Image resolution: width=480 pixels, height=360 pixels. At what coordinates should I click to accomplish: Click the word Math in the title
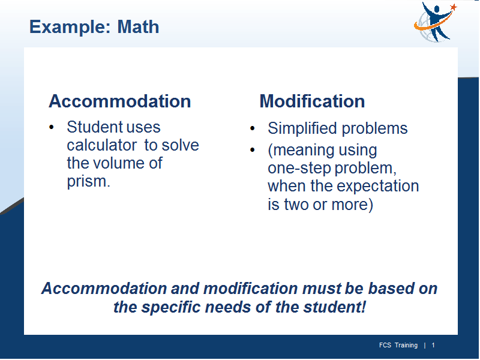click(138, 27)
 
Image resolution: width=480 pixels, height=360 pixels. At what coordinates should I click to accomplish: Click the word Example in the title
click(70, 28)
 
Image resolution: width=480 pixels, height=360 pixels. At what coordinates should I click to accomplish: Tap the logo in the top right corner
click(435, 22)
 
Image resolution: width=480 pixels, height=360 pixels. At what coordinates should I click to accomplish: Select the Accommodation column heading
click(119, 101)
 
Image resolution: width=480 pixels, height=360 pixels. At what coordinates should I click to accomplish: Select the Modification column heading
click(312, 101)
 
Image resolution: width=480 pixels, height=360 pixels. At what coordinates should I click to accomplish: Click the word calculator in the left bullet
click(102, 145)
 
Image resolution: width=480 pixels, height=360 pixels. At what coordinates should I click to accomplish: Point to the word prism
click(88, 182)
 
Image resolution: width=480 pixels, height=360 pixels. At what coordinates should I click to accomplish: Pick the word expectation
click(380, 186)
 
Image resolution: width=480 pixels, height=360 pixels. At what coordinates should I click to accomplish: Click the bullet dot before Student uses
click(52, 127)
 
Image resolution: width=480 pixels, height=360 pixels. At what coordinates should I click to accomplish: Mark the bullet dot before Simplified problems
click(252, 128)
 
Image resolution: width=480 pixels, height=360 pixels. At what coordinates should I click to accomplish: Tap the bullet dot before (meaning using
click(252, 150)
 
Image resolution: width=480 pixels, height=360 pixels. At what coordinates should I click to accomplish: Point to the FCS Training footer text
click(398, 346)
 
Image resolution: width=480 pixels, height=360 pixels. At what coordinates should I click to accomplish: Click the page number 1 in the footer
click(433, 346)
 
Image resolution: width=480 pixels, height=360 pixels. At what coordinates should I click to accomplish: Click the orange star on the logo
click(453, 7)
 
